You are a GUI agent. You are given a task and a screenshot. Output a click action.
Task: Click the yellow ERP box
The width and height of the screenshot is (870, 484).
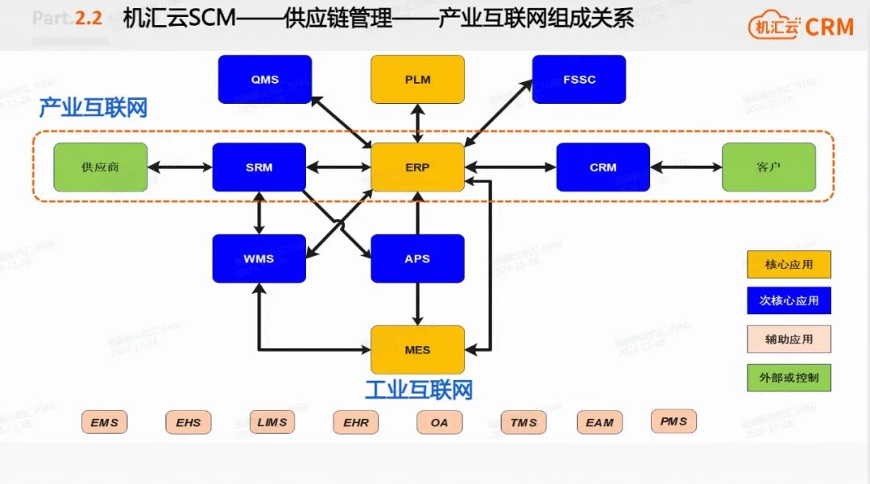(x=417, y=168)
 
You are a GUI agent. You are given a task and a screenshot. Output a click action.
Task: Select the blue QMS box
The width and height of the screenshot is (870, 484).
(x=264, y=79)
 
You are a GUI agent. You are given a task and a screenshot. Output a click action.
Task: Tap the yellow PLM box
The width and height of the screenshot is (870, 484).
(x=417, y=79)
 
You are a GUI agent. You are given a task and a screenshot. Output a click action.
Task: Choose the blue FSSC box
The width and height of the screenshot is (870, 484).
(x=579, y=79)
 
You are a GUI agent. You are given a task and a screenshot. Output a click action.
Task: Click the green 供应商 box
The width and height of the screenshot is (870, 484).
(x=101, y=168)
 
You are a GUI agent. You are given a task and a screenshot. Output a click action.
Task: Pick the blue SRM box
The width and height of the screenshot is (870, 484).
(x=259, y=168)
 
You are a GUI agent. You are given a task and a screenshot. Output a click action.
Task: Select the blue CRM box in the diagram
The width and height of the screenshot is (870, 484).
(x=603, y=168)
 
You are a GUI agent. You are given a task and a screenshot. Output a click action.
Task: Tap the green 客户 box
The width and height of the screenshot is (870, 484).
(x=768, y=168)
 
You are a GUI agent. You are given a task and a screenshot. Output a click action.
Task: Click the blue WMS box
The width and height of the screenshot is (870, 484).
(x=259, y=259)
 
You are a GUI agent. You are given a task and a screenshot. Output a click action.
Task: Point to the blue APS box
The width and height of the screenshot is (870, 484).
(x=417, y=259)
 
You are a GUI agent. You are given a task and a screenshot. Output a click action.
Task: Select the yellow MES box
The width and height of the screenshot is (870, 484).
(x=417, y=350)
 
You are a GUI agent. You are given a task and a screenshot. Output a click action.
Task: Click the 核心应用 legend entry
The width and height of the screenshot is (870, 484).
(x=789, y=264)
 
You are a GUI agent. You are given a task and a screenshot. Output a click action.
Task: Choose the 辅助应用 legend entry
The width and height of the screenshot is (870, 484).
(x=789, y=339)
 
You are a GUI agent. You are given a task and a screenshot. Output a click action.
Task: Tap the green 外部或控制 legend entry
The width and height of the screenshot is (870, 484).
(x=789, y=377)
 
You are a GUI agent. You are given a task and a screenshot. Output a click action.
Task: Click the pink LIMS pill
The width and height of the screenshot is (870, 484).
(x=271, y=422)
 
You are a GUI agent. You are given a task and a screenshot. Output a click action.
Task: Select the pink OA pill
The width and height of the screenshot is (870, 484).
(x=439, y=422)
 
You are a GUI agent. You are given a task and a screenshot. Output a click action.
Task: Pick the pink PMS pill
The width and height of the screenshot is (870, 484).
(x=673, y=420)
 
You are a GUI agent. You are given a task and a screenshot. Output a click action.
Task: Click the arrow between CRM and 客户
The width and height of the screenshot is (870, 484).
(x=686, y=168)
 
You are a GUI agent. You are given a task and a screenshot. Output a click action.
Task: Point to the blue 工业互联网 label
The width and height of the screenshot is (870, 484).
(x=418, y=391)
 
